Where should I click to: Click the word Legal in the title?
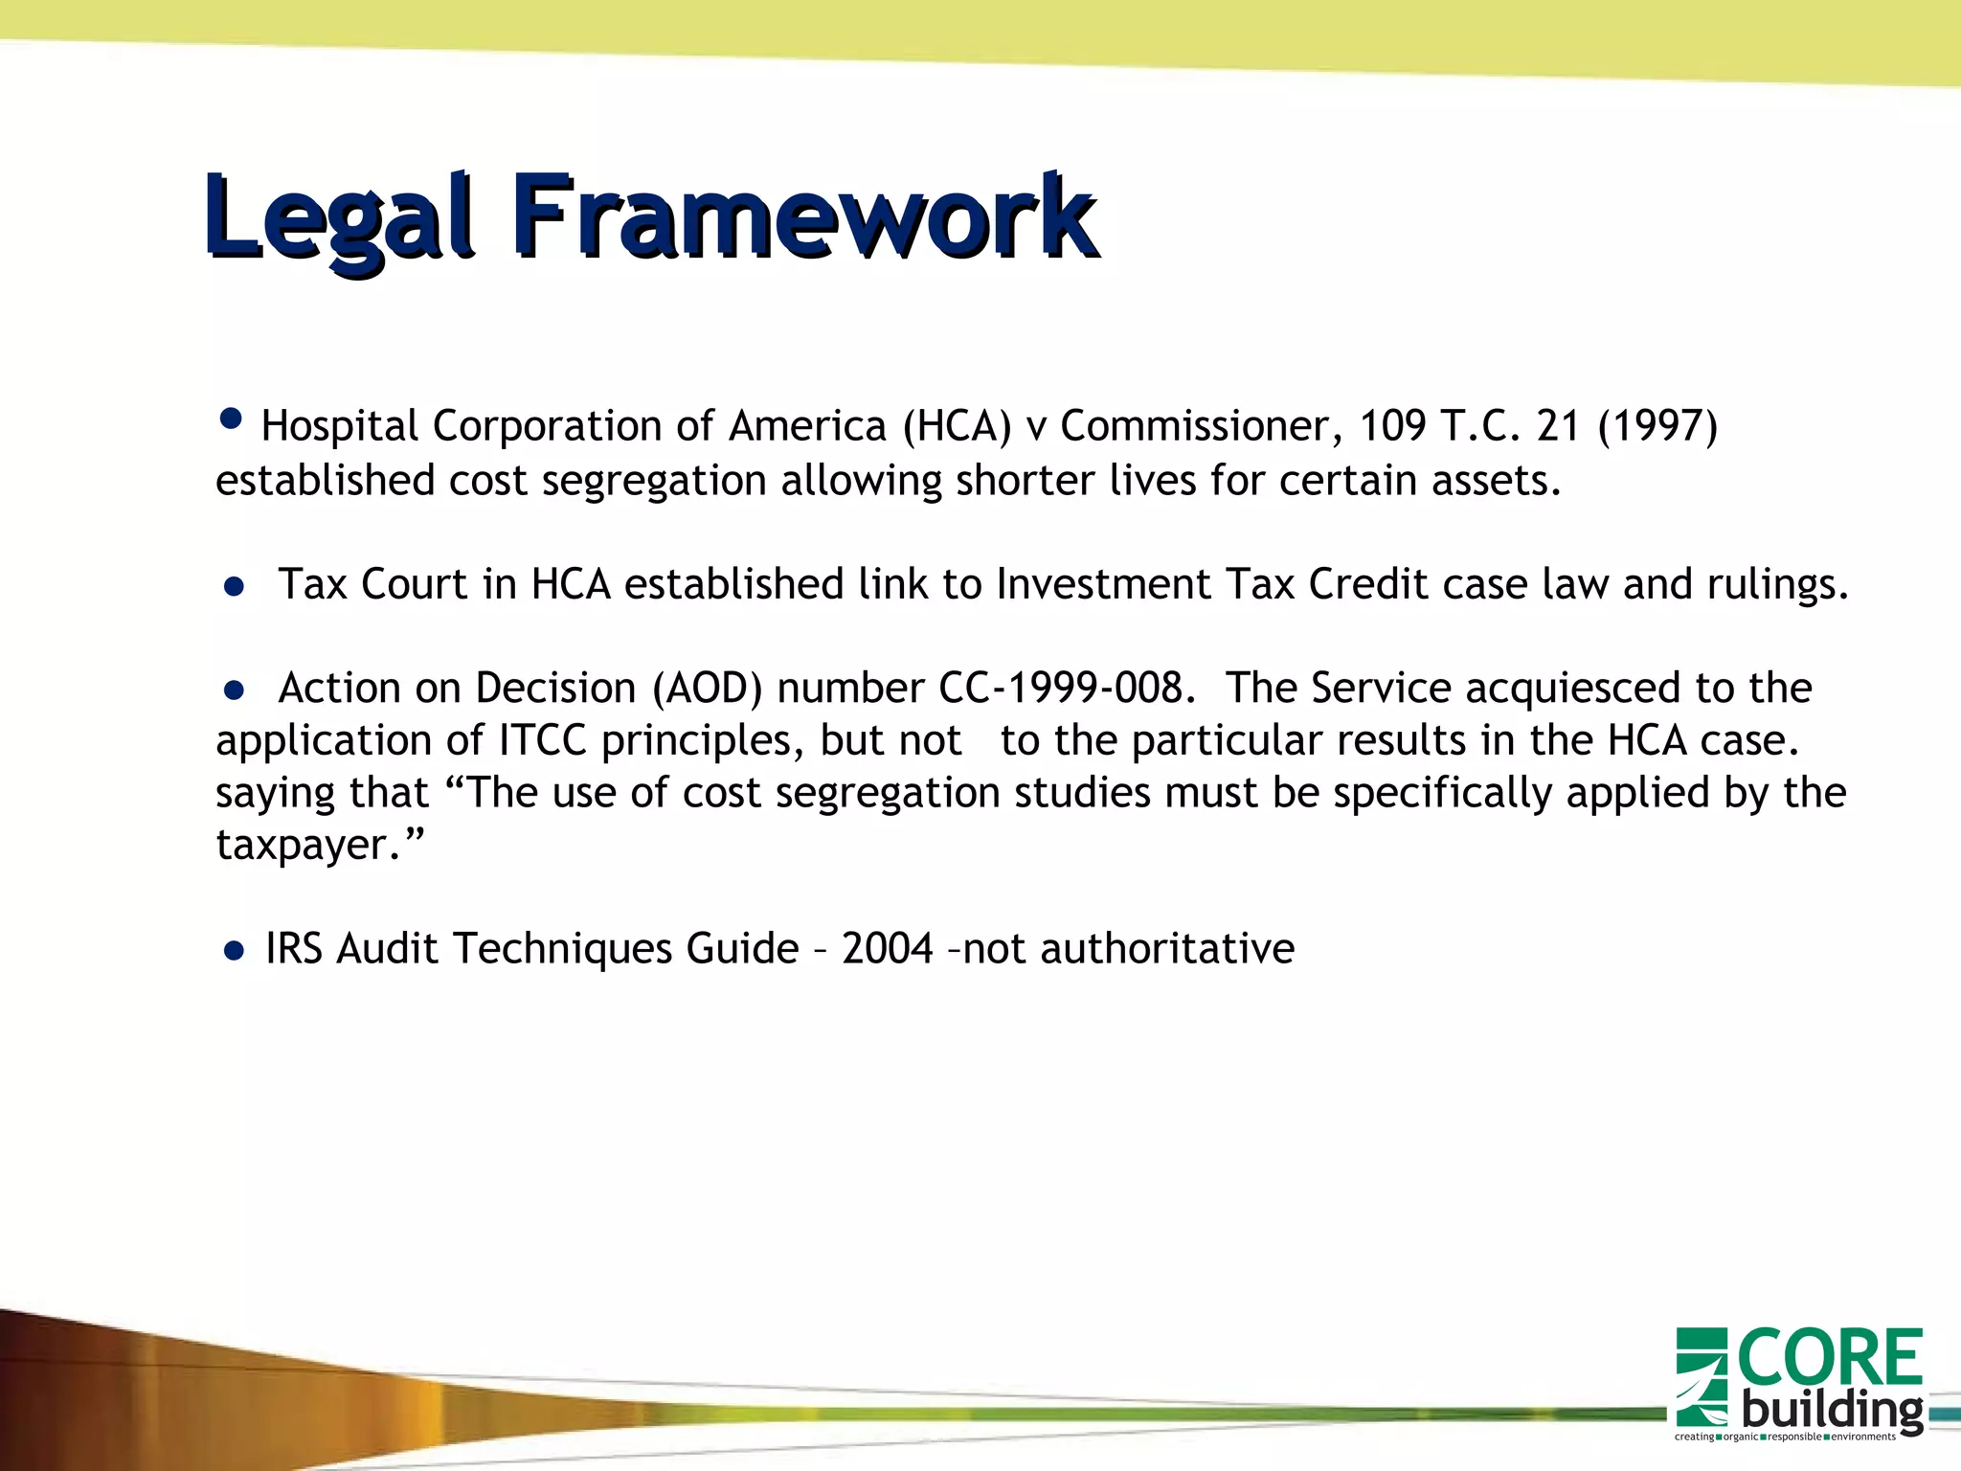click(x=337, y=218)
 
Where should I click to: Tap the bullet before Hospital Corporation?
click(x=231, y=419)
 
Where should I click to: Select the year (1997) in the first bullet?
click(x=1657, y=426)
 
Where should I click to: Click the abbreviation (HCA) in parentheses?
click(x=957, y=426)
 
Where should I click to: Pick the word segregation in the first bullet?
click(x=654, y=481)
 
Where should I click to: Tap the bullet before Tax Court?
click(x=234, y=586)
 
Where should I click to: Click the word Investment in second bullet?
click(x=1103, y=584)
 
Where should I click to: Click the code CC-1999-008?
click(x=1065, y=689)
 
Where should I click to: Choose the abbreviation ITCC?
click(x=543, y=740)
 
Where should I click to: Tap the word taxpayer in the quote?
click(x=301, y=846)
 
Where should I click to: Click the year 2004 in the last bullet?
click(x=887, y=949)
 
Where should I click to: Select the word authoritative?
click(x=1166, y=949)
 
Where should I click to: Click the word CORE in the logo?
click(x=1829, y=1358)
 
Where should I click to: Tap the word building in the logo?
click(x=1831, y=1411)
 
